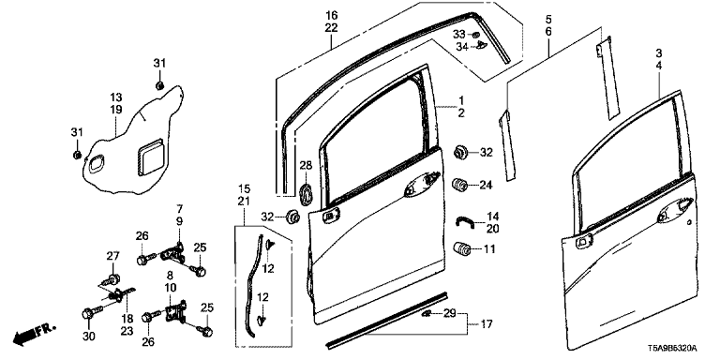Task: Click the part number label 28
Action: (x=306, y=165)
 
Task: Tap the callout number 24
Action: (x=486, y=185)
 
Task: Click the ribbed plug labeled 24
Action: (x=459, y=185)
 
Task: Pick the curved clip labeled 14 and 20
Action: (x=465, y=221)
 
